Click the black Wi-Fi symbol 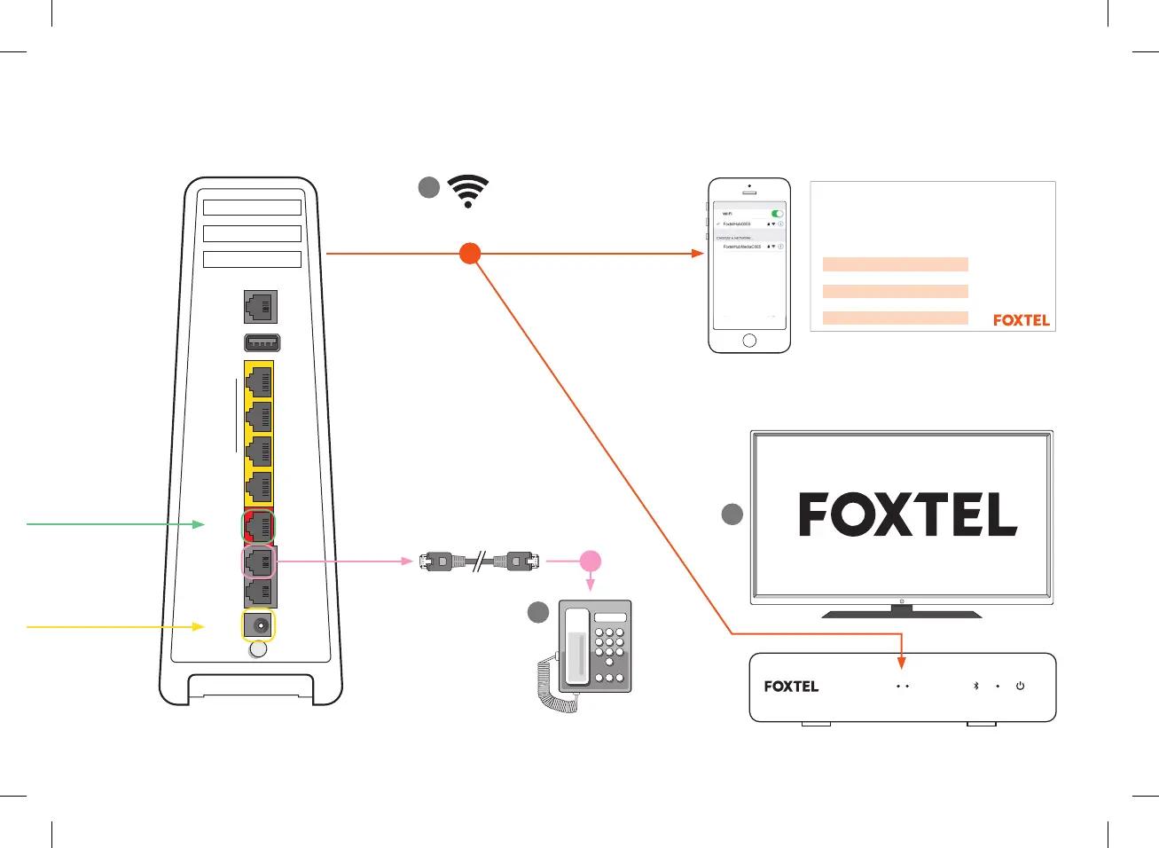point(468,191)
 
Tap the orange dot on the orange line point(470,253)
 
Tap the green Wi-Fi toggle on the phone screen point(777,214)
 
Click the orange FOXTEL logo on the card point(1021,320)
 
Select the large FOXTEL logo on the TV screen point(907,514)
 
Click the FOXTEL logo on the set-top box point(791,687)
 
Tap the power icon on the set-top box point(1020,686)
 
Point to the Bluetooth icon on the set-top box point(975,686)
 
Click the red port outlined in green point(259,526)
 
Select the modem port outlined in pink point(259,561)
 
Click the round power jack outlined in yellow point(259,625)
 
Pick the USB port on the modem point(262,342)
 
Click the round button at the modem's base point(257,649)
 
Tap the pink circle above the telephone point(591,561)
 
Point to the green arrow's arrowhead point(200,524)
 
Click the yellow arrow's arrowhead point(200,626)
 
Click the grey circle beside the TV point(732,514)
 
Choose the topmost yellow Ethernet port point(259,381)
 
